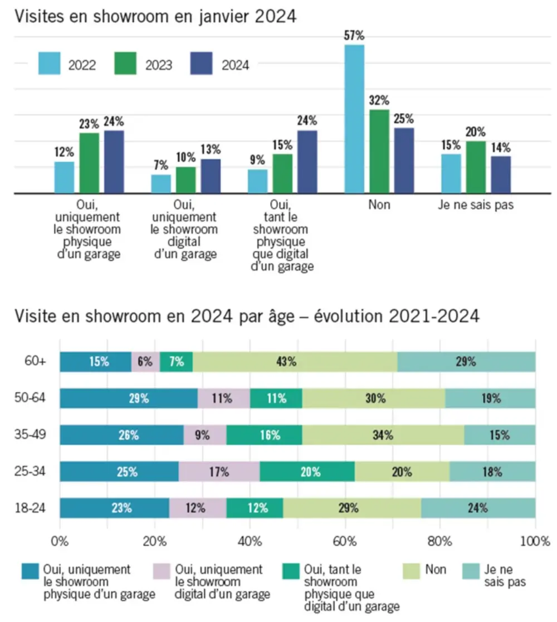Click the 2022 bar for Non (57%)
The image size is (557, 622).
tap(354, 119)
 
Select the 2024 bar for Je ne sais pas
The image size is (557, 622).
tap(500, 174)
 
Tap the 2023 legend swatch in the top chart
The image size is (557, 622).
tap(125, 64)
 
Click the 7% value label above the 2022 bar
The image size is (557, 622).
tap(162, 165)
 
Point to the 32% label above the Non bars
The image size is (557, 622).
tap(379, 101)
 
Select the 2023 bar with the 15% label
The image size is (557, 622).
tap(283, 173)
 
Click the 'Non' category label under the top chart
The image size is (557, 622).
tap(379, 205)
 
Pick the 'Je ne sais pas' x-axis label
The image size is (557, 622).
tap(476, 205)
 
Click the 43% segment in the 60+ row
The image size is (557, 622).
tap(295, 362)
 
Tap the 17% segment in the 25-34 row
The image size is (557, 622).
tap(219, 472)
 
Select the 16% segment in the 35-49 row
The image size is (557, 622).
tap(264, 435)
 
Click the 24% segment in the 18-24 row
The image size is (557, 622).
tap(478, 508)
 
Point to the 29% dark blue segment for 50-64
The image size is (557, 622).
tap(129, 399)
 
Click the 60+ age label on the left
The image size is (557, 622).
tap(35, 361)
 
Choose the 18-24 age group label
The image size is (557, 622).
tap(31, 508)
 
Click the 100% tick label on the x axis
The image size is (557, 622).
tap(536, 541)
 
